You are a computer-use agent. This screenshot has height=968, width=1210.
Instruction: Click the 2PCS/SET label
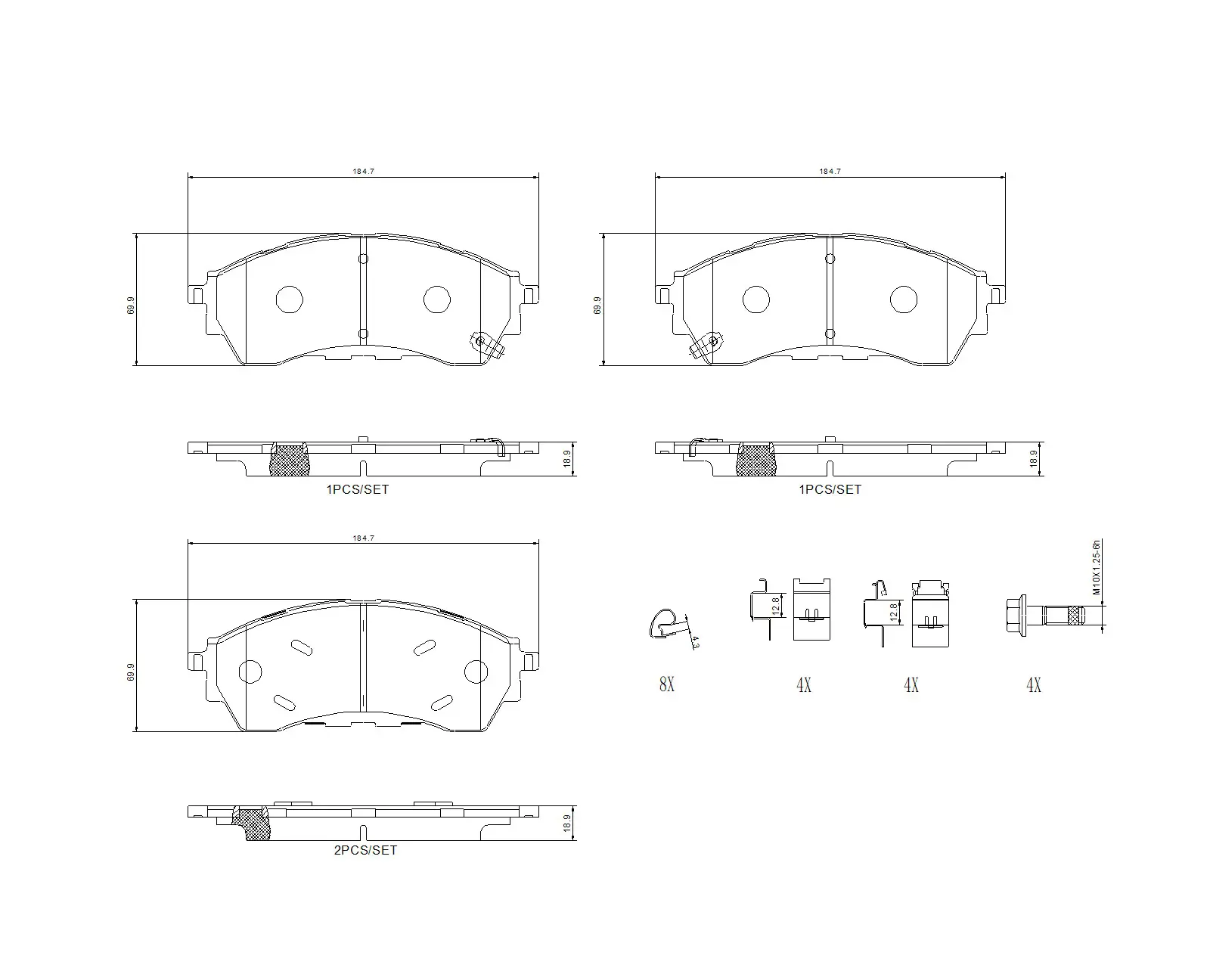point(365,850)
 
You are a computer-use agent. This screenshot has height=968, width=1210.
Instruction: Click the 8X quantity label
point(666,685)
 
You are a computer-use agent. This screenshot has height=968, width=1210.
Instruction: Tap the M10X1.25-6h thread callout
point(1097,567)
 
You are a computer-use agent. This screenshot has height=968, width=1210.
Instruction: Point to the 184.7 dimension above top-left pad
point(363,172)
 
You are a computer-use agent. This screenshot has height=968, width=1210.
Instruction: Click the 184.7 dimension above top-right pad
point(830,172)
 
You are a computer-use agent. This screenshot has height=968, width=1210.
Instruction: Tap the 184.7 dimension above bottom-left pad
point(363,538)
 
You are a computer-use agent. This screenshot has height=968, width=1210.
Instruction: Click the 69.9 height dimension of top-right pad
point(597,305)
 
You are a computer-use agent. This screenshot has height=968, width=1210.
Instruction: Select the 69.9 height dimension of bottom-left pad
point(131,672)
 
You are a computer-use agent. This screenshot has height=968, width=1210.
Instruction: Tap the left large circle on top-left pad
point(290,299)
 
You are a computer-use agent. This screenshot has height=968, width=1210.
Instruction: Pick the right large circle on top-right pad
point(904,299)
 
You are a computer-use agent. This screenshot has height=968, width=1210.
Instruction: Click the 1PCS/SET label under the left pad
point(357,489)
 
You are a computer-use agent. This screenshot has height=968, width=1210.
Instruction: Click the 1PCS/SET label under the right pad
point(830,489)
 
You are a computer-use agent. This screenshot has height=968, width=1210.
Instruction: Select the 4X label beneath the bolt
point(1033,685)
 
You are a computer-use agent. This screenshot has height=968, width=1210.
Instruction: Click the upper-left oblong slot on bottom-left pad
point(301,647)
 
